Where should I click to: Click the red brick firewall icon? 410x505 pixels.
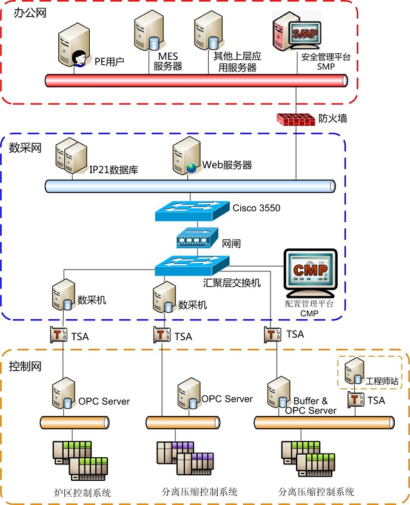(x=295, y=119)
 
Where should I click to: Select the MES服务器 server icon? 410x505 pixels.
(x=147, y=34)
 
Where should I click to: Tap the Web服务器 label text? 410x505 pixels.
(x=227, y=165)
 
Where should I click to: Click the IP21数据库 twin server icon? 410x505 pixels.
(x=70, y=157)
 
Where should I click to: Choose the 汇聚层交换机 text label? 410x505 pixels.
(x=232, y=283)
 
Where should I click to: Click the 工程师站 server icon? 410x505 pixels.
(x=354, y=374)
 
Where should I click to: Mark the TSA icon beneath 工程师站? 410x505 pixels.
(x=353, y=400)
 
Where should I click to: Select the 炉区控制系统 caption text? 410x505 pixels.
(x=83, y=492)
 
